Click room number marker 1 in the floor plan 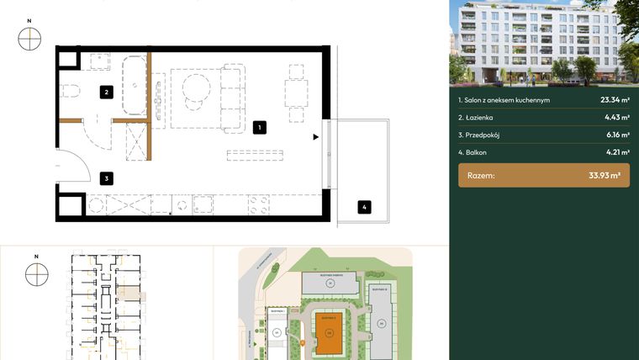coord(260,128)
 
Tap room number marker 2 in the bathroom coord(107,93)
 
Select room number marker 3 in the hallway coord(106,178)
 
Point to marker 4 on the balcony coord(363,207)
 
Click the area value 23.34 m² coord(615,100)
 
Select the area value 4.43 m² coord(618,118)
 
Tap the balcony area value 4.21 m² coord(618,153)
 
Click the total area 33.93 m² coord(604,176)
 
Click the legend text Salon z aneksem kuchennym coord(504,100)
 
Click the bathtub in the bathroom coord(134,84)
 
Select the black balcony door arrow coord(315,137)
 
